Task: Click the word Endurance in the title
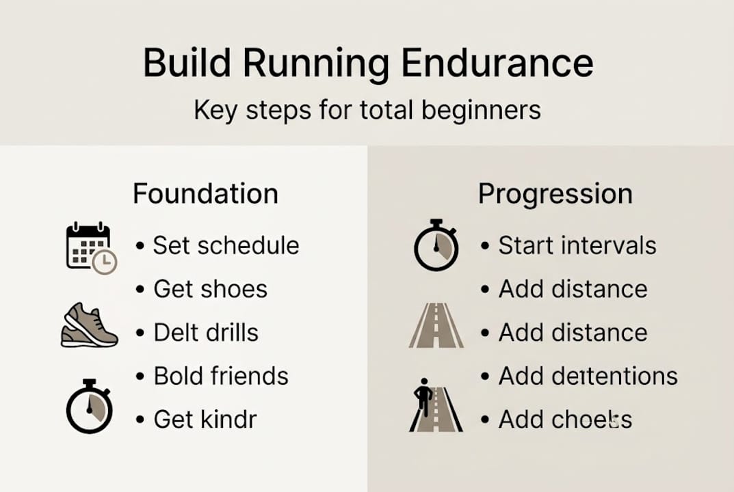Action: (497, 63)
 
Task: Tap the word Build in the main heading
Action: (185, 63)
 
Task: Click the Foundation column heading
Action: (205, 193)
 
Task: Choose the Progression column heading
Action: (555, 193)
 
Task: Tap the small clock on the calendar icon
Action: (105, 261)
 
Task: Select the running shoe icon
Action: (90, 326)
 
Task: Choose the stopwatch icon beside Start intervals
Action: (436, 245)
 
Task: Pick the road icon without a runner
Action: (436, 326)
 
